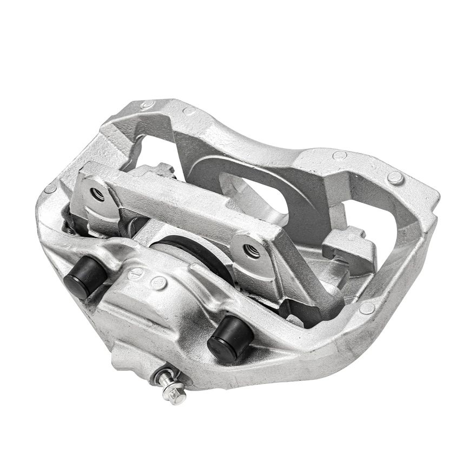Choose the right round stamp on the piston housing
coord(158,282)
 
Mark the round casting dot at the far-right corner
coord(395,177)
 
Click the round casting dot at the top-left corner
coord(147,104)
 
